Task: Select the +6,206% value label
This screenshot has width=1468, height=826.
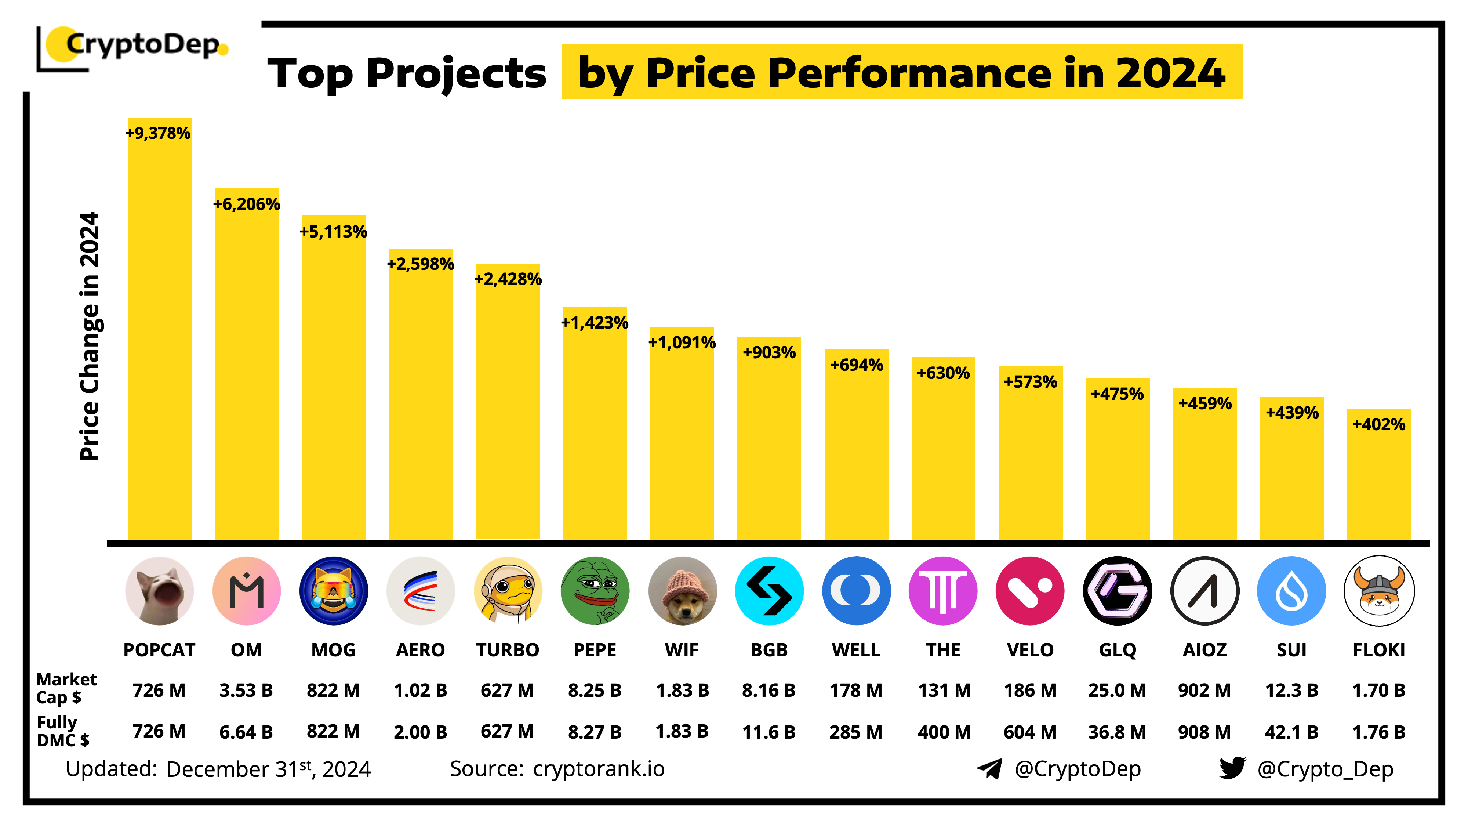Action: pyautogui.click(x=246, y=204)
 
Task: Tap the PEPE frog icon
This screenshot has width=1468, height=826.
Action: pyautogui.click(x=595, y=591)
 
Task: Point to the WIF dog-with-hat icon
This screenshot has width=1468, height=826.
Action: pyautogui.click(x=682, y=591)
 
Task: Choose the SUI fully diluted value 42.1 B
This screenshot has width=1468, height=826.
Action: pyautogui.click(x=1291, y=731)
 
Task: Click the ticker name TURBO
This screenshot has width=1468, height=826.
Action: pyautogui.click(x=507, y=650)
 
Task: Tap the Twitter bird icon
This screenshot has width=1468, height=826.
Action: pyautogui.click(x=1232, y=768)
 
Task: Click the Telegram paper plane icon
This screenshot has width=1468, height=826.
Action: pyautogui.click(x=990, y=768)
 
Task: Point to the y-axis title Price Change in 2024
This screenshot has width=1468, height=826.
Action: pyautogui.click(x=90, y=336)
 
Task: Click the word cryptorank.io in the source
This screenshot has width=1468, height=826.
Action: pyautogui.click(x=598, y=768)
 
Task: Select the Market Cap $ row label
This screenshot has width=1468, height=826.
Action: pyautogui.click(x=66, y=688)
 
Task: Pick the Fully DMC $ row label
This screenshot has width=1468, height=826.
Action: pyautogui.click(x=63, y=731)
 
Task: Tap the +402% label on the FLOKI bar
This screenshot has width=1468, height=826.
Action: pyautogui.click(x=1378, y=424)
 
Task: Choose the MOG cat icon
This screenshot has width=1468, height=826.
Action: pyautogui.click(x=333, y=591)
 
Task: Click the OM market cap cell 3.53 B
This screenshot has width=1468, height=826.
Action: pyautogui.click(x=246, y=690)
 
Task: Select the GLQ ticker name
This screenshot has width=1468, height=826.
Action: pyautogui.click(x=1117, y=650)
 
